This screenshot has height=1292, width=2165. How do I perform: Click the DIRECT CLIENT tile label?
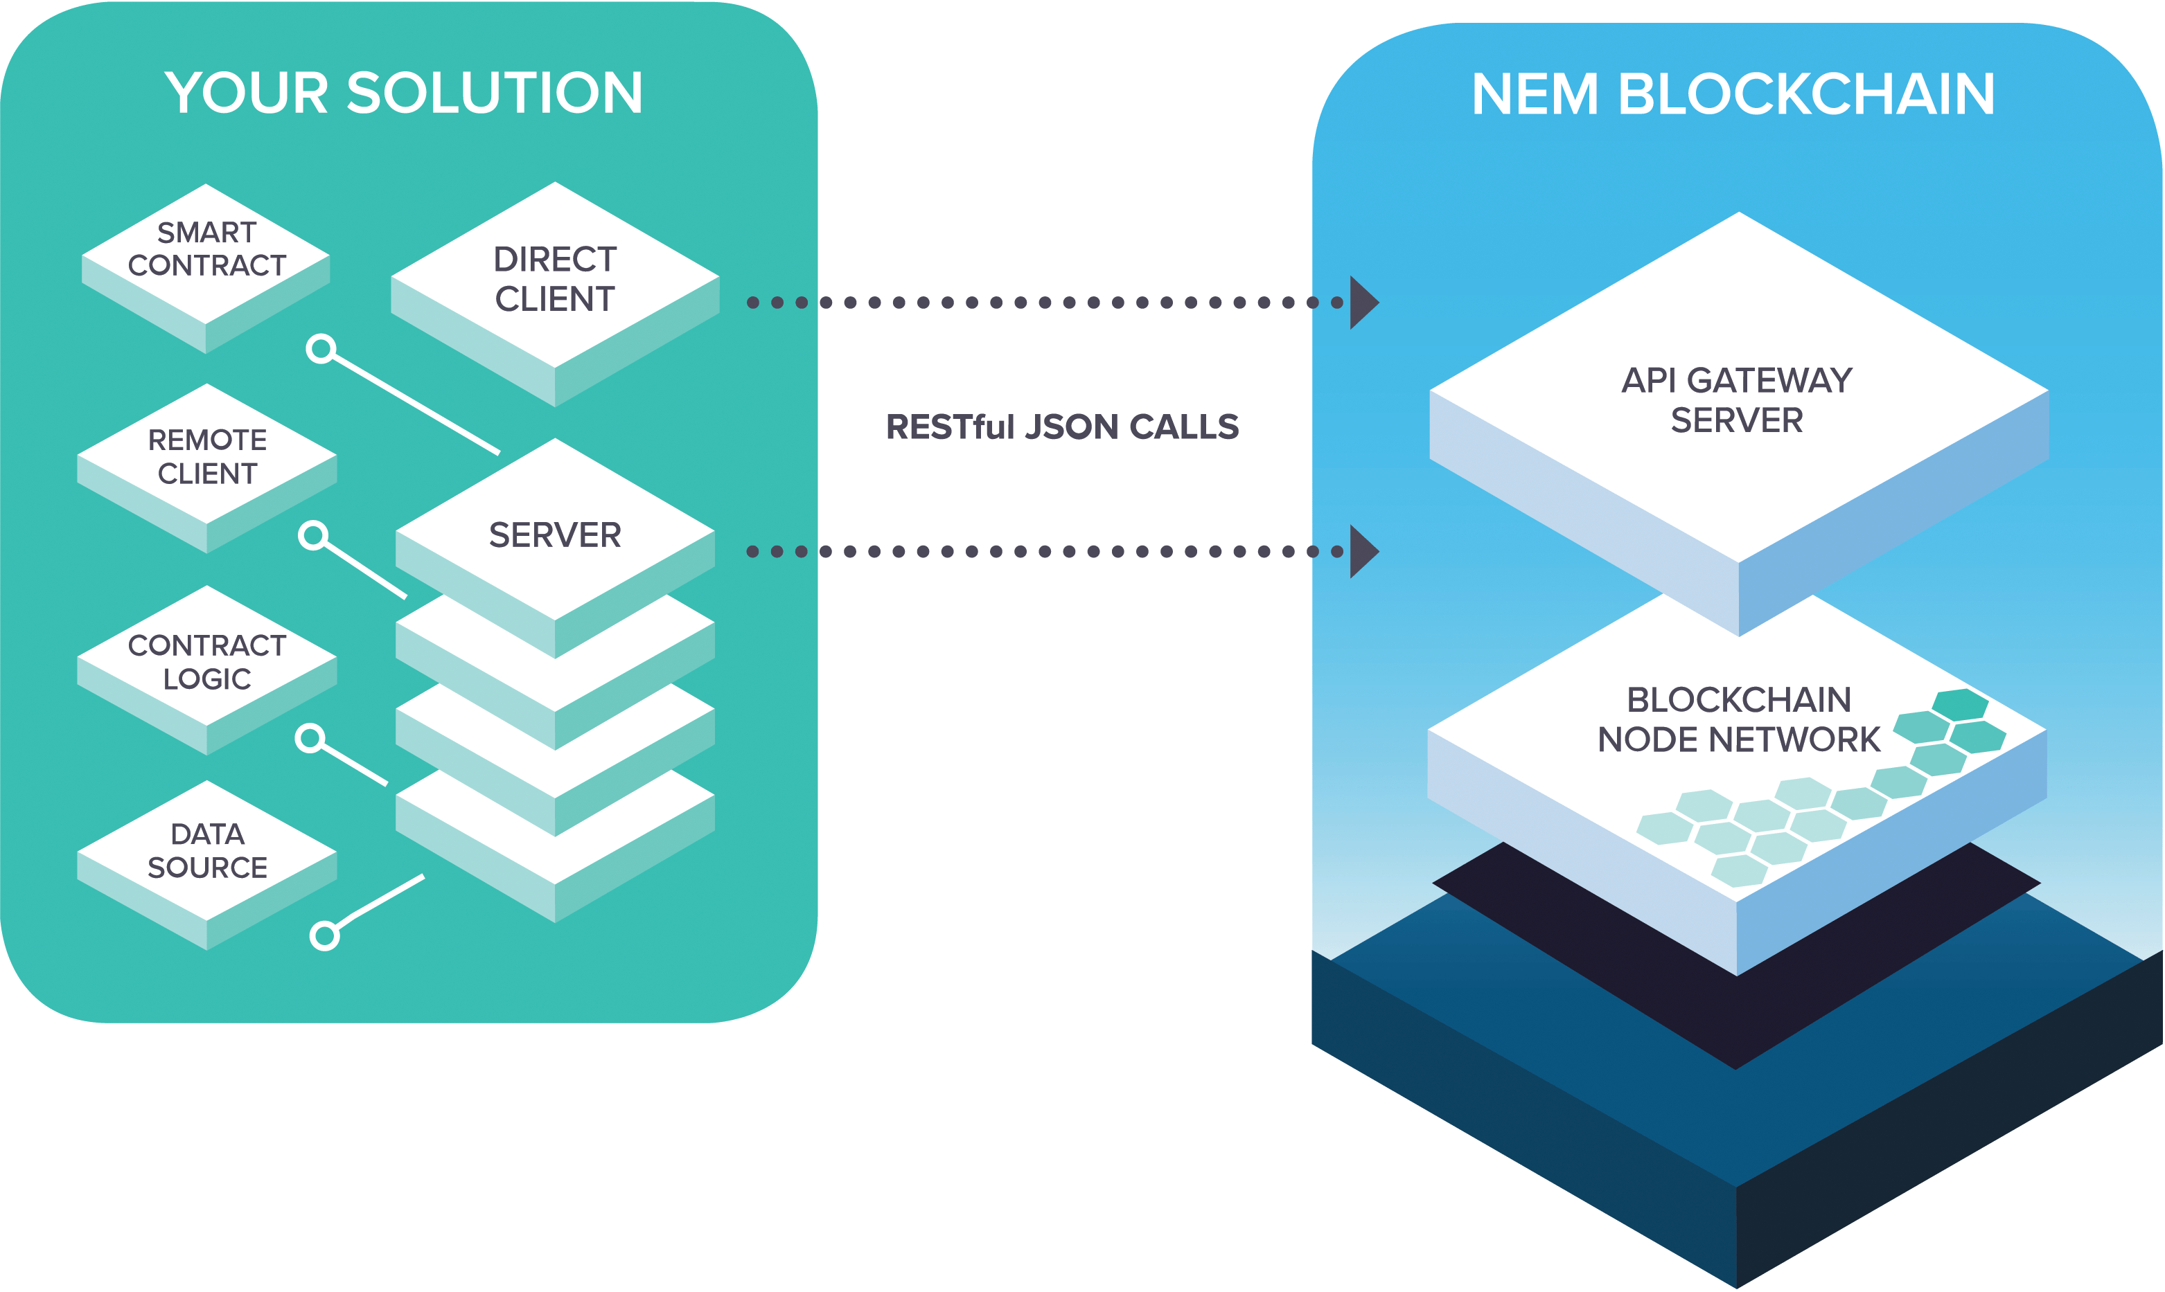pyautogui.click(x=555, y=278)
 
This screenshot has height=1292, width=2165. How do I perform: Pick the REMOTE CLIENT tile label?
pyautogui.click(x=207, y=456)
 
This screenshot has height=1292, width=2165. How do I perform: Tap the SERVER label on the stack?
pyautogui.click(x=555, y=535)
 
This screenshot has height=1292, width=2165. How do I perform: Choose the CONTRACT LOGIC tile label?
pyautogui.click(x=207, y=662)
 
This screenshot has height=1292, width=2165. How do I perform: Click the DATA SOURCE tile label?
pyautogui.click(x=207, y=850)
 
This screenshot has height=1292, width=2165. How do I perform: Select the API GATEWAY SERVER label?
pyautogui.click(x=1737, y=400)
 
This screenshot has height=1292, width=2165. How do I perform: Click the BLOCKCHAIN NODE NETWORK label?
pyautogui.click(x=1738, y=719)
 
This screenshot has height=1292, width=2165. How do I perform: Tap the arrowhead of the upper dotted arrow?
pyautogui.click(x=1362, y=302)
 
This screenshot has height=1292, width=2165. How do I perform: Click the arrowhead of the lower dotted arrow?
pyautogui.click(x=1362, y=551)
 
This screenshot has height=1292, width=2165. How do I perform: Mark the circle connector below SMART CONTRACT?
pyautogui.click(x=321, y=349)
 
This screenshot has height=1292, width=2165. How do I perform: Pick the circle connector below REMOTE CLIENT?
pyautogui.click(x=312, y=535)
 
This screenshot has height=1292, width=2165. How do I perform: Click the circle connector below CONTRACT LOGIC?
pyautogui.click(x=309, y=738)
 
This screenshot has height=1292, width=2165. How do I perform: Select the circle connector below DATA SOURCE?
pyautogui.click(x=325, y=936)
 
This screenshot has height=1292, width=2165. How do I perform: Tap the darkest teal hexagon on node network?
pyautogui.click(x=1959, y=704)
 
